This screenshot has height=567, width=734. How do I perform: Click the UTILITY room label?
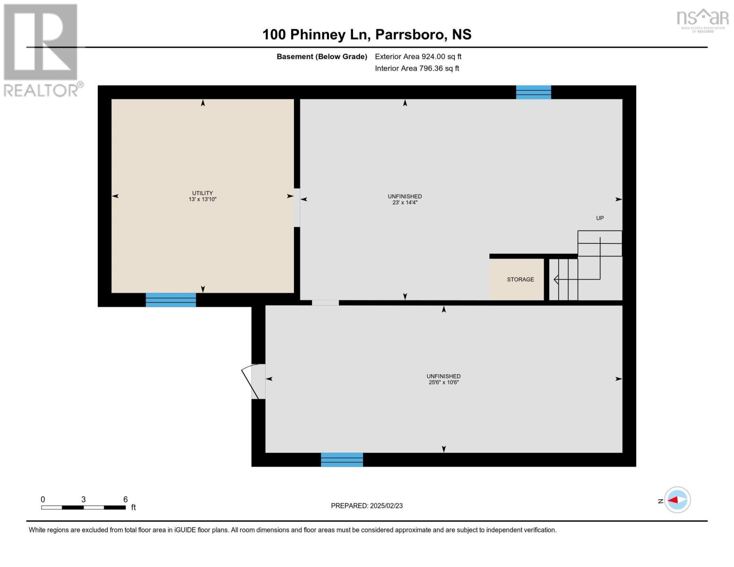click(x=202, y=193)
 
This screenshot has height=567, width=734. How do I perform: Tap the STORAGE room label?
click(x=520, y=279)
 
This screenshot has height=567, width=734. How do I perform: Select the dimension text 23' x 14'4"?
click(x=405, y=203)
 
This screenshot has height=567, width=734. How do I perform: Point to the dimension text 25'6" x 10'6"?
click(x=443, y=382)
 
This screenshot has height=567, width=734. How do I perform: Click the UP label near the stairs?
click(x=599, y=218)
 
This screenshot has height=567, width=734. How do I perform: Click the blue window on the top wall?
click(x=533, y=92)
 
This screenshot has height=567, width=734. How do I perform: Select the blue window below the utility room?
click(x=171, y=300)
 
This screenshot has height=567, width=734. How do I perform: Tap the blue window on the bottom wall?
click(x=342, y=459)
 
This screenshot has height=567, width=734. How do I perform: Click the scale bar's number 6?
click(x=125, y=499)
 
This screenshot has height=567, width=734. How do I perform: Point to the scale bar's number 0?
click(x=43, y=499)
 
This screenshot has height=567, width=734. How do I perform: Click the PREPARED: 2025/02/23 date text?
click(x=367, y=506)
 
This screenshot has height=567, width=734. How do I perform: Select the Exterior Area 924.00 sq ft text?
click(x=418, y=56)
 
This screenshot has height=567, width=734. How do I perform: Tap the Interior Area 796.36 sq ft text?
click(x=417, y=68)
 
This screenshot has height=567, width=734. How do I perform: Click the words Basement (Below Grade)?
click(x=322, y=56)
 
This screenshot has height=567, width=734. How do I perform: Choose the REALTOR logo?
click(x=42, y=50)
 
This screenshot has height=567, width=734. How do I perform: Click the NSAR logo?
click(x=702, y=19)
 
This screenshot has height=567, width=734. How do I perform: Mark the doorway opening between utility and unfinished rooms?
click(x=297, y=207)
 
